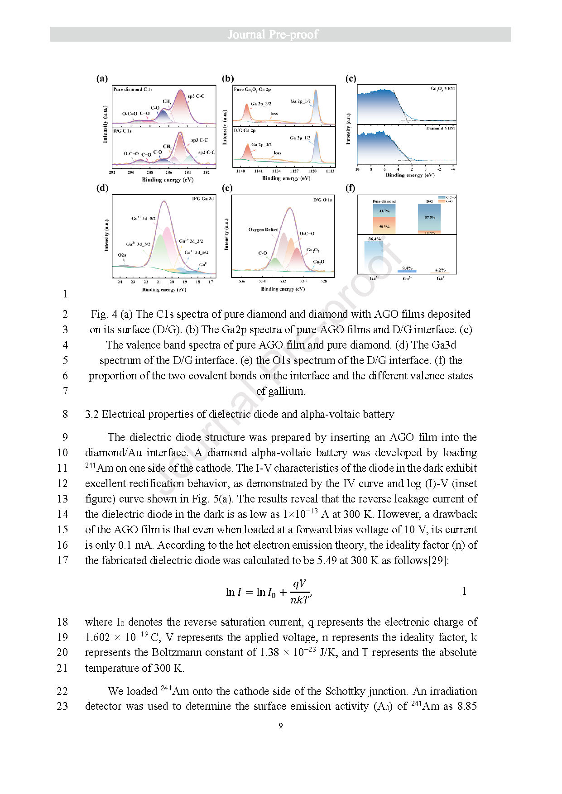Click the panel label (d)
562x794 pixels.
102,188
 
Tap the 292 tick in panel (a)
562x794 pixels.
112,172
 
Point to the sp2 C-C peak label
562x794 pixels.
207,153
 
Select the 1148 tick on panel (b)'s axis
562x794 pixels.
240,171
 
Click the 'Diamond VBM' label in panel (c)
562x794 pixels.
440,128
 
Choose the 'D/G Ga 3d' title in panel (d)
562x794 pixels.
202,199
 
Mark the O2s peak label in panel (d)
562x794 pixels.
122,255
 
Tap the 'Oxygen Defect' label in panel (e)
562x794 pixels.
263,230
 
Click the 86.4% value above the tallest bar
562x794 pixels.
375,239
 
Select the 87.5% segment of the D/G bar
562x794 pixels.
430,217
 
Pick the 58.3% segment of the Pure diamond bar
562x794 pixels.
384,226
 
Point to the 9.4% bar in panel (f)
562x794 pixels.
407,271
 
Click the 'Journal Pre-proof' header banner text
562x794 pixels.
273,34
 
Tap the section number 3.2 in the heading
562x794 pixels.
91,414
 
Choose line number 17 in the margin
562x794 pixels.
62,560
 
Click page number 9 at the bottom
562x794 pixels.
281,726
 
